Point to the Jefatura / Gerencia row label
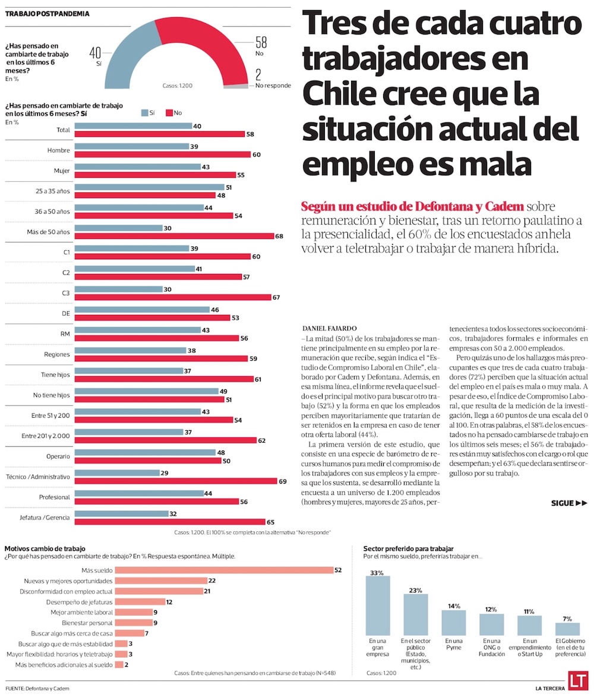pos(46,518)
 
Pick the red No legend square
pos(169,112)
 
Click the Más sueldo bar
pos(224,570)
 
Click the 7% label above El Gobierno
pos(568,619)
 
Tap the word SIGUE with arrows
pos(568,503)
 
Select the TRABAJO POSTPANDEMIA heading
pos(48,14)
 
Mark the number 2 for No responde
pos(259,74)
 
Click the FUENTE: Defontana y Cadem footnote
pos(37,688)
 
